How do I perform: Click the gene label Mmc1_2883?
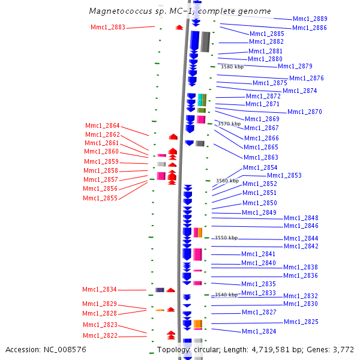click(108, 27)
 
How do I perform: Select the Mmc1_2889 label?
click(310, 19)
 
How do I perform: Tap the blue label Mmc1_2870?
click(305, 112)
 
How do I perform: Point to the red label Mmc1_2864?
click(103, 125)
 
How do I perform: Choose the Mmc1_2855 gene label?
click(100, 198)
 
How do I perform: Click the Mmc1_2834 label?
click(100, 289)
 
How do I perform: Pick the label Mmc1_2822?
click(100, 335)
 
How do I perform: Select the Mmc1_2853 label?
click(284, 175)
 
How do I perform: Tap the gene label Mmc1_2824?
click(259, 331)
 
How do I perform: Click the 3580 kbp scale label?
click(232, 67)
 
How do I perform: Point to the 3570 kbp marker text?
click(229, 124)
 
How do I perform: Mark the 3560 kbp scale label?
click(227, 181)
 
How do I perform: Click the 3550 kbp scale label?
click(226, 238)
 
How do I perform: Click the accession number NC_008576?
click(65, 349)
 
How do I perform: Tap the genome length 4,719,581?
click(271, 349)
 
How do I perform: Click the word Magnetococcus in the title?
click(121, 11)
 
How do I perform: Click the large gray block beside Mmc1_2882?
click(205, 42)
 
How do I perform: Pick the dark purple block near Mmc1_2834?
click(160, 290)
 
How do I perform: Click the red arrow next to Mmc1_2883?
click(179, 28)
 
